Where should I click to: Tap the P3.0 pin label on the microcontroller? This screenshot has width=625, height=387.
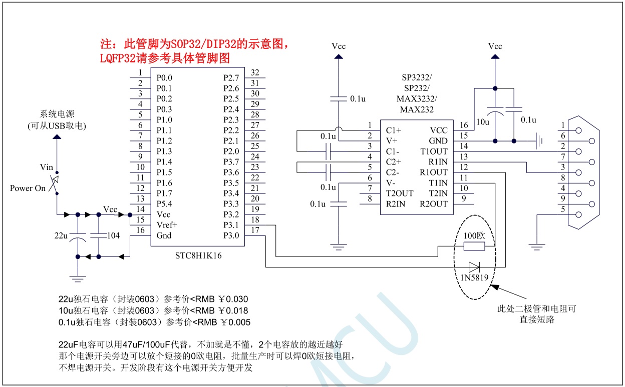tap(231, 235)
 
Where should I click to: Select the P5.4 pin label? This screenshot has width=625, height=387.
tap(164, 204)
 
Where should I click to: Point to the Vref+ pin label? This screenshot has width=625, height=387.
tap(167, 225)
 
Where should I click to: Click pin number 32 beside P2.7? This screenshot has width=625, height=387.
tap(255, 72)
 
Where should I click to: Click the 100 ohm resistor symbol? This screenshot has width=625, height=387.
tap(473, 246)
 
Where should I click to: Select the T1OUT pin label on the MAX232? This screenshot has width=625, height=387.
tap(434, 151)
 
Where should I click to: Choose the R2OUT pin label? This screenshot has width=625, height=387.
tap(434, 204)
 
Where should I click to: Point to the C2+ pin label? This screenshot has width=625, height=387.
tap(393, 162)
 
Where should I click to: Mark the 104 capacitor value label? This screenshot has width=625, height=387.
tap(114, 235)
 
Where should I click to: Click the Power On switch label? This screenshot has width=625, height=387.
tap(28, 188)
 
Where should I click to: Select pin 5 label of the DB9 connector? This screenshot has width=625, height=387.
tap(563, 209)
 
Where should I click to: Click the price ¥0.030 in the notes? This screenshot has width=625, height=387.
tap(233, 299)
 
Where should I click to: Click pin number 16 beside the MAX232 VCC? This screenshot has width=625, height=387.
tap(464, 125)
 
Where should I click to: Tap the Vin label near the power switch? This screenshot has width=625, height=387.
tap(46, 166)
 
